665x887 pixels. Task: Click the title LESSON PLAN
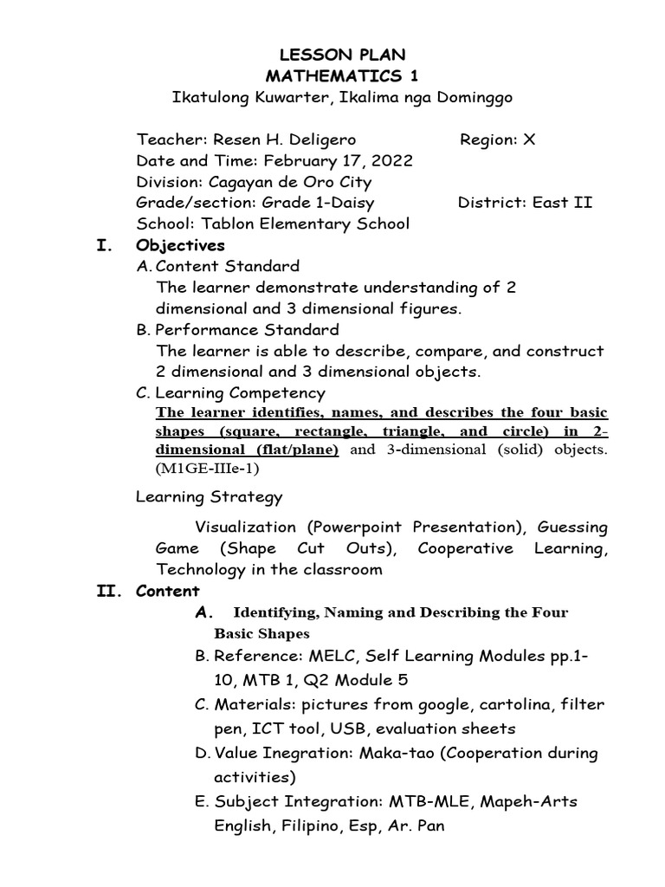click(342, 55)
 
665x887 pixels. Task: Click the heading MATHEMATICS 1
click(342, 76)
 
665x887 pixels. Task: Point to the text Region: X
click(497, 139)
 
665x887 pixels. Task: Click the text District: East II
click(525, 203)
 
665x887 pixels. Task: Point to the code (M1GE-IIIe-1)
click(208, 469)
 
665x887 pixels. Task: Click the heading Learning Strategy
click(210, 497)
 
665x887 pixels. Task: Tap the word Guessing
click(572, 527)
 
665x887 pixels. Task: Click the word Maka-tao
click(398, 754)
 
